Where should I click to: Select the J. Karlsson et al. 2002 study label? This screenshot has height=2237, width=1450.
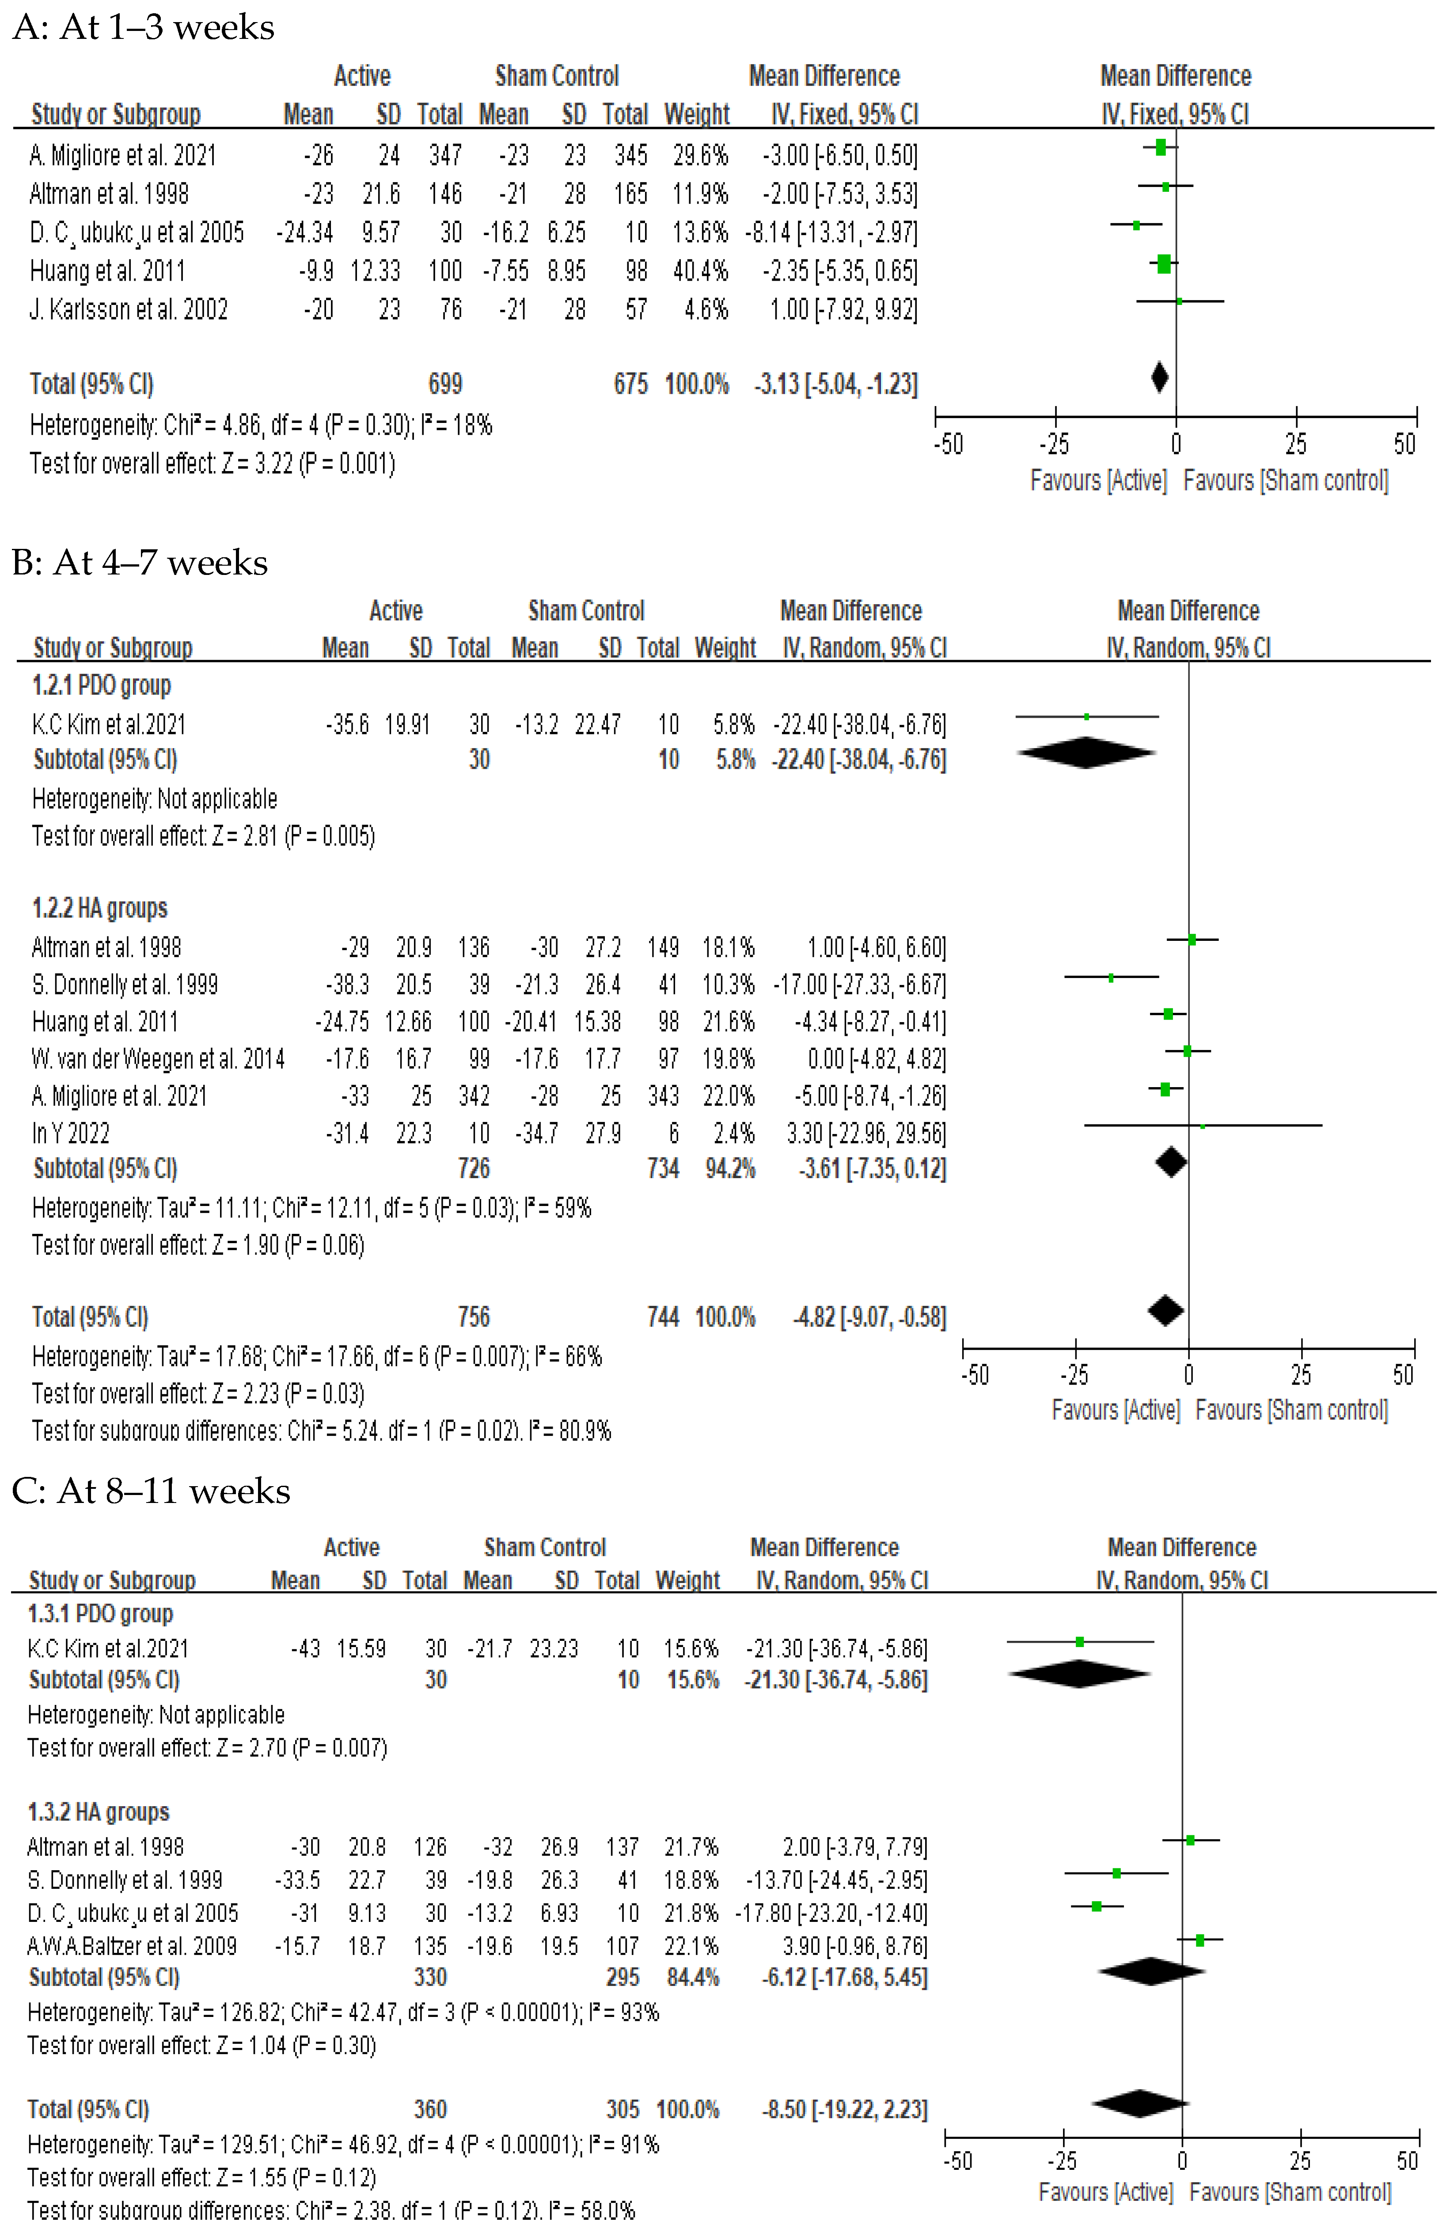(x=129, y=309)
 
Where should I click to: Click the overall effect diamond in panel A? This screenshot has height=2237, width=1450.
(x=1160, y=378)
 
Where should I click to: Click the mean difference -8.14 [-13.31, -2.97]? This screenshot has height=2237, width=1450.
(x=831, y=232)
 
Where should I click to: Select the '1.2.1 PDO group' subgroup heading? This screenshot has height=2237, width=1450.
(x=102, y=685)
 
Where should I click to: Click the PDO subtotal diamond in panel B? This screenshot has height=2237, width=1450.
(x=1086, y=753)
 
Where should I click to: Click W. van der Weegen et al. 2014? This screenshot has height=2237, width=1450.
(x=158, y=1059)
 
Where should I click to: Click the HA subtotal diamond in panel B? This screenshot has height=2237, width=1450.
(x=1171, y=1163)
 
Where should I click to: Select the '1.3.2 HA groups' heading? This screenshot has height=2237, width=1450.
(x=99, y=1811)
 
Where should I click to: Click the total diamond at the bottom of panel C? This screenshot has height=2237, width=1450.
(x=1139, y=2104)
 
